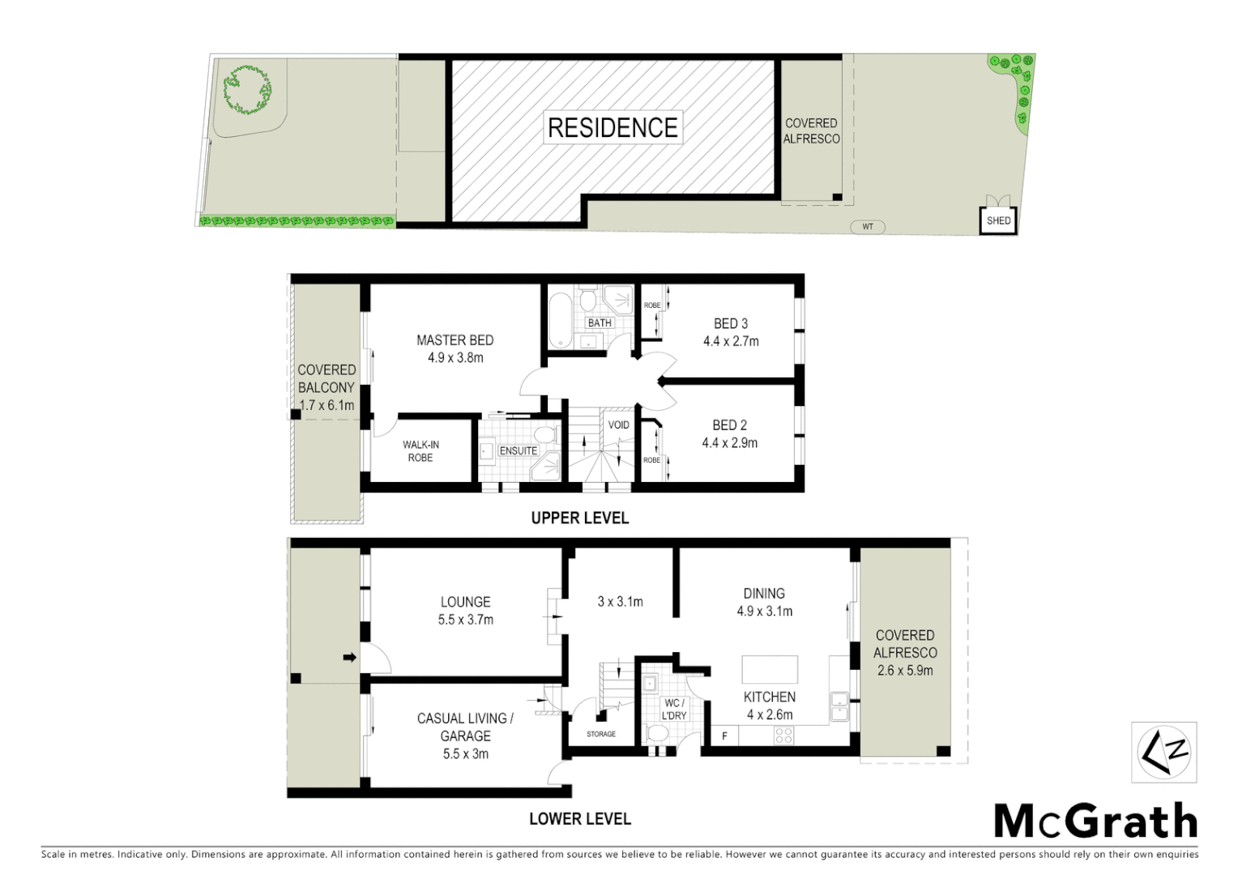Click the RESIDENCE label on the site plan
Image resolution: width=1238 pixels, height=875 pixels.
pos(613,128)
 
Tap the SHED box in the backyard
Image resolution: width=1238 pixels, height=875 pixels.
pos(998,220)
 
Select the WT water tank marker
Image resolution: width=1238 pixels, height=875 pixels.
pos(868,227)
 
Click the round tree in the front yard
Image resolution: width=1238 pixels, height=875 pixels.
pos(246,88)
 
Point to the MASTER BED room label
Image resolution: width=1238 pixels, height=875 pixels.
pos(455,340)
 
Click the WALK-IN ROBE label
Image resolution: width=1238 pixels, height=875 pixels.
pos(420,451)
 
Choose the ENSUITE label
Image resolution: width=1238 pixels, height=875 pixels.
pos(518,450)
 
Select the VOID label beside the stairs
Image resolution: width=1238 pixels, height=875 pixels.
pos(619,425)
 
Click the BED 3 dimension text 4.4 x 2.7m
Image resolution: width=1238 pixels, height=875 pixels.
pos(731,341)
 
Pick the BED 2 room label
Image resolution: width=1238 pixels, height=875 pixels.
pos(729,425)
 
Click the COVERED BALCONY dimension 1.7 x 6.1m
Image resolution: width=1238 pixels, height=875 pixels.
pos(327,405)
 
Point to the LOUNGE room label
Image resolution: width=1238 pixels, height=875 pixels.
pos(465,602)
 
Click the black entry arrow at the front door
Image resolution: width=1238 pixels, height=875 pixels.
pos(349,657)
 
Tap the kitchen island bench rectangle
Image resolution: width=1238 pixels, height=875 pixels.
pos(770,669)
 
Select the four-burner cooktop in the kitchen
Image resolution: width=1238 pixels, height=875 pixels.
pos(783,735)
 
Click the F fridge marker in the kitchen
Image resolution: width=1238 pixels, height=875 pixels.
pos(724,736)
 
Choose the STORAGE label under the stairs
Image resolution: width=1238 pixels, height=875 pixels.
pos(601,734)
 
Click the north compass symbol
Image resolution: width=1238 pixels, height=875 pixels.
pos(1163,753)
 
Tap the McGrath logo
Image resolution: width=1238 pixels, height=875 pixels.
pos(1095,822)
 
